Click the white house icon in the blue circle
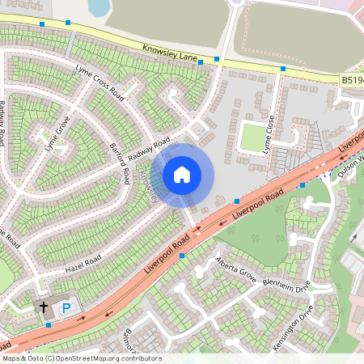pos(182,174)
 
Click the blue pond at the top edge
pos(98,7)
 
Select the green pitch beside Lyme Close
pos(252,136)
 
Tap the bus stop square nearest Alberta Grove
pos(182,256)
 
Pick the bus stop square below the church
pos(49,325)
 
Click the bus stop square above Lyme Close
pos(283,69)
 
